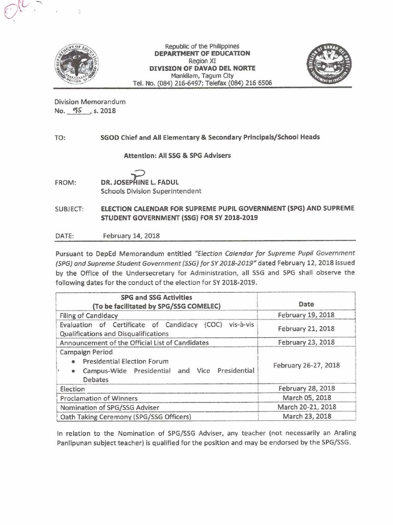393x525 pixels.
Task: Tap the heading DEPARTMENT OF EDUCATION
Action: click(x=203, y=53)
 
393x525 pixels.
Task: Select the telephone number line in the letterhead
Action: click(x=202, y=83)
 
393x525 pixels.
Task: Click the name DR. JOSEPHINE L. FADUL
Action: click(x=140, y=183)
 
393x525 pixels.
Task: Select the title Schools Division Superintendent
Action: click(x=151, y=191)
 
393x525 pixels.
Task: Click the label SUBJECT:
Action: click(x=69, y=209)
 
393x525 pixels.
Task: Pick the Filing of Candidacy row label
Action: click(x=89, y=315)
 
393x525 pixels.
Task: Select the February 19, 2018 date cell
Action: click(x=305, y=315)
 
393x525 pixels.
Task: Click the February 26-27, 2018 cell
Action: click(x=306, y=365)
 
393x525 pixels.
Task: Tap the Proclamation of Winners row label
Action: click(x=98, y=398)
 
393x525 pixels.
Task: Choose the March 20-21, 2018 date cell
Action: click(x=306, y=407)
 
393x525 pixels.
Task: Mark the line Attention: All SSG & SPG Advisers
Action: click(x=177, y=155)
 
